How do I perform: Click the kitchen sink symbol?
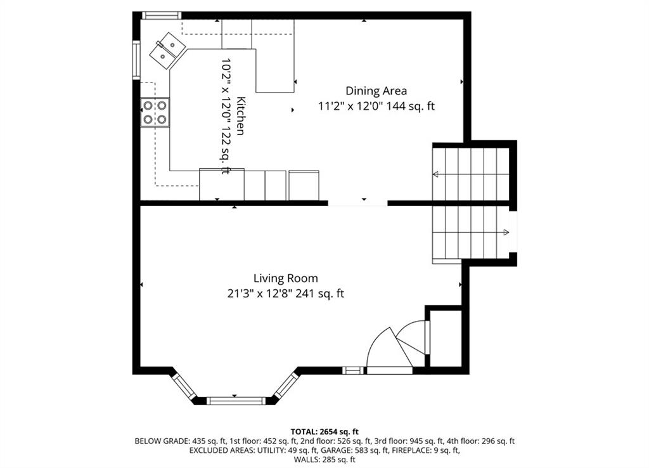click(167, 50)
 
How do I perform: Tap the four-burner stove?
click(155, 112)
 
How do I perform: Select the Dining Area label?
click(376, 91)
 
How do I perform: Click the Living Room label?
click(286, 278)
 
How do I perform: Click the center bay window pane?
click(236, 401)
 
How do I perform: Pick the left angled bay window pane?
click(184, 387)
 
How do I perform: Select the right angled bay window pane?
click(286, 386)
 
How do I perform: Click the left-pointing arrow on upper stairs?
click(436, 173)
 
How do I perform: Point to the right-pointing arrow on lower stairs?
click(505, 233)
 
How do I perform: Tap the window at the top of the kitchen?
click(162, 15)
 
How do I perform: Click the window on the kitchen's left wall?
click(136, 60)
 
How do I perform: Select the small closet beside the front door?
click(446, 338)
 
